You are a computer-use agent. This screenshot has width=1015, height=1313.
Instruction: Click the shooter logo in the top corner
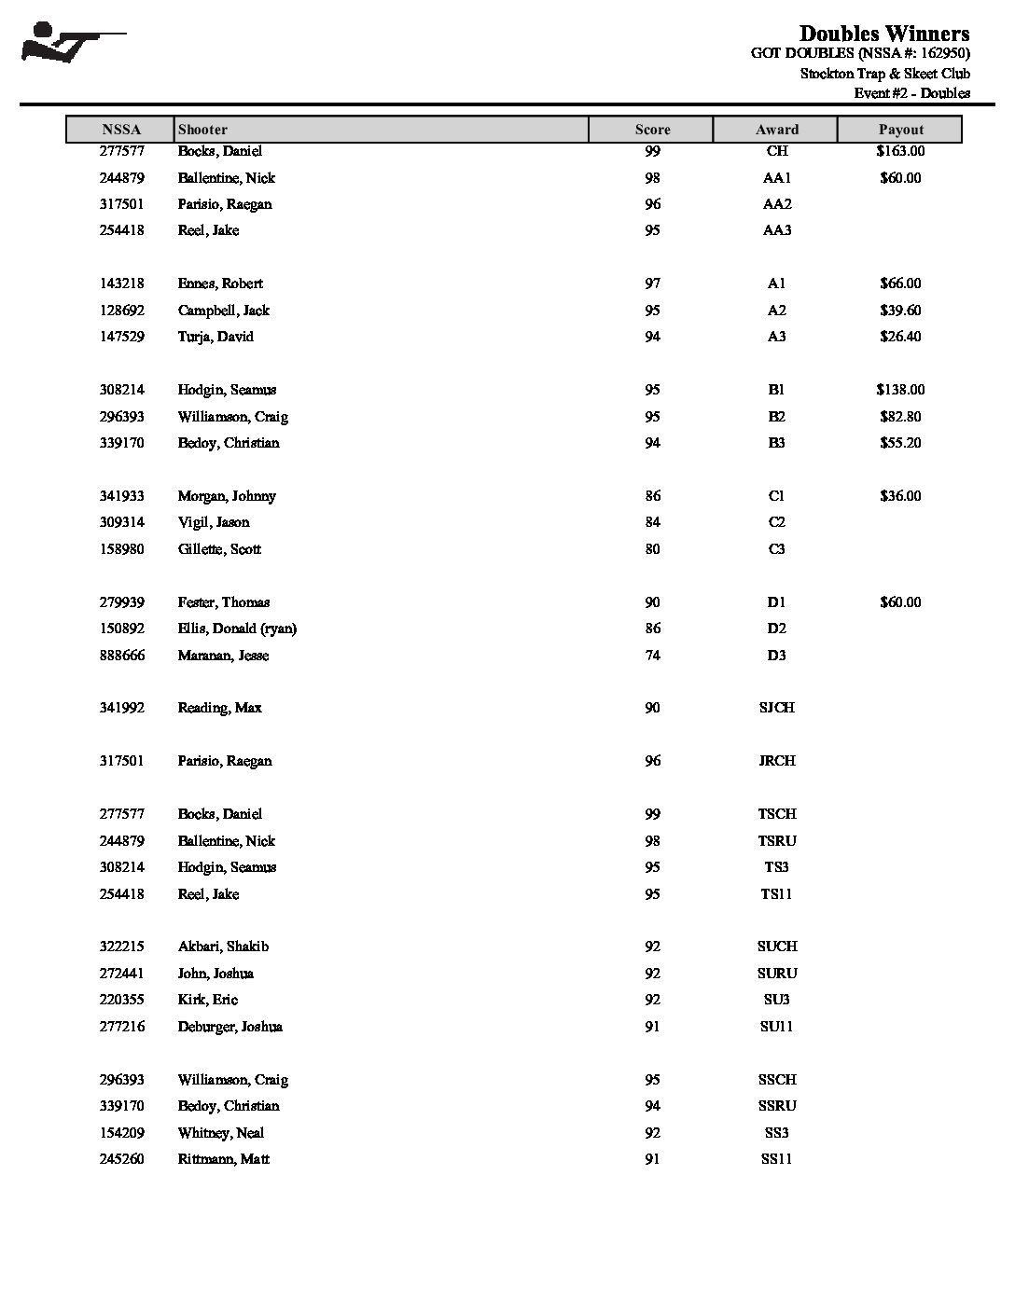[x=73, y=43]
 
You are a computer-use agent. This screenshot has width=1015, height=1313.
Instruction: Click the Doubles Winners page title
[x=883, y=34]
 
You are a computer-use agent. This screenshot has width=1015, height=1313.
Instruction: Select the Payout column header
[x=900, y=130]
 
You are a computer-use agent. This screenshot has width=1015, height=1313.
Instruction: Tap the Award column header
[x=776, y=130]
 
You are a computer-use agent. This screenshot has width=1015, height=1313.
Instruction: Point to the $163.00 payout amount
[x=900, y=151]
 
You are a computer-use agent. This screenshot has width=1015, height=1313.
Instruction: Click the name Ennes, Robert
[x=220, y=283]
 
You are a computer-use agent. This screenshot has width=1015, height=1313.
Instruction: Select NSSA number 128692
[x=122, y=311]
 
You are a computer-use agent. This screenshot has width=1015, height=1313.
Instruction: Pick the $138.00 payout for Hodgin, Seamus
[x=900, y=390]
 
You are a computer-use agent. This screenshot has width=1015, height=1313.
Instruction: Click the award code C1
[x=776, y=496]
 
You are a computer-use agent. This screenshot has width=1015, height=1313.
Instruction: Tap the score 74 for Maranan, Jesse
[x=652, y=656]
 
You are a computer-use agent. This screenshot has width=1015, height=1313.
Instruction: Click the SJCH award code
[x=776, y=708]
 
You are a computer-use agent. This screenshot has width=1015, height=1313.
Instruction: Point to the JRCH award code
[x=776, y=761]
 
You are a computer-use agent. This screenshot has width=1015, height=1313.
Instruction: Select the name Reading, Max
[x=219, y=708]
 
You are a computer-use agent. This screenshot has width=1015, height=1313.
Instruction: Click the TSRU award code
[x=776, y=841]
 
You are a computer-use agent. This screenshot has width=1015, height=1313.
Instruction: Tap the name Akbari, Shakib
[x=223, y=947]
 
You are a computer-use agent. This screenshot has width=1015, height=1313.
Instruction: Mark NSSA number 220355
[x=122, y=1000]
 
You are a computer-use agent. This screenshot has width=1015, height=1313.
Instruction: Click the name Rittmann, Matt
[x=223, y=1159]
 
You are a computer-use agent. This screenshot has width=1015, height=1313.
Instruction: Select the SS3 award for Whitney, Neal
[x=776, y=1133]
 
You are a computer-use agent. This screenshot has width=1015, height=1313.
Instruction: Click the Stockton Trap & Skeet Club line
[x=884, y=74]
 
